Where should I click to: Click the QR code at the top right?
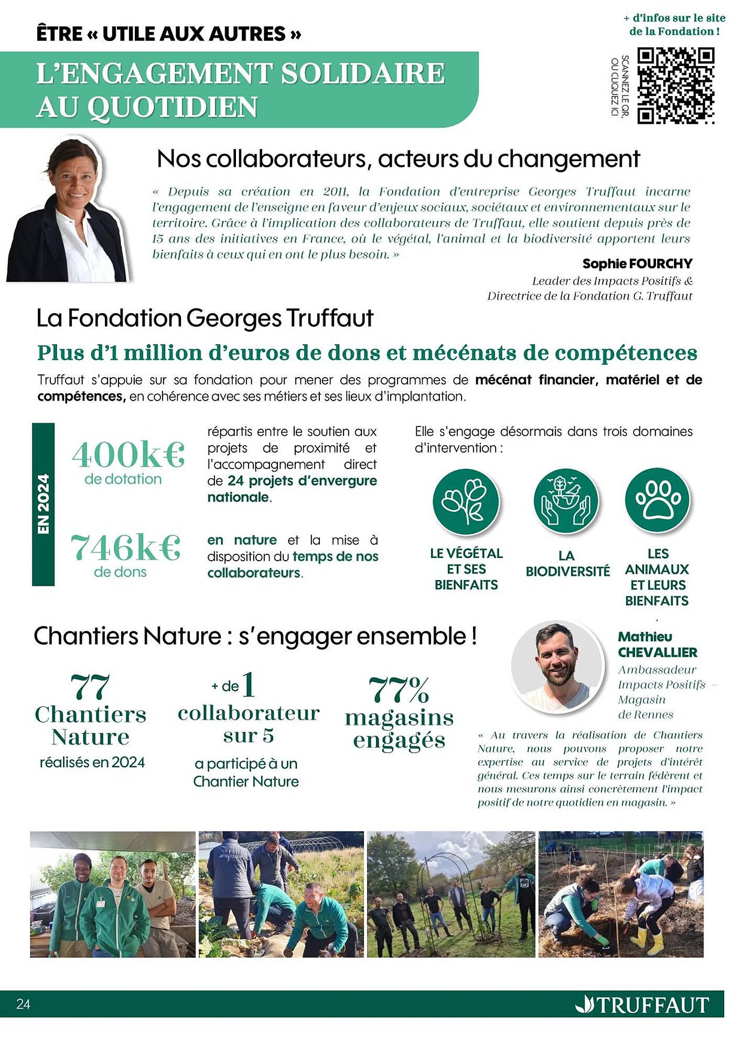click(675, 85)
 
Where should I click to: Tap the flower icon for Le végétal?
click(466, 501)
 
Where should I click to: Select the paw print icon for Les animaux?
click(658, 500)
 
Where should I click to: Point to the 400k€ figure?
click(128, 455)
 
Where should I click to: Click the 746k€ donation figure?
click(126, 548)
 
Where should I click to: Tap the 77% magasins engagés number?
click(399, 690)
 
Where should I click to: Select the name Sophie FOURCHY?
click(637, 264)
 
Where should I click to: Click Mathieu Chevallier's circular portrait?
click(557, 667)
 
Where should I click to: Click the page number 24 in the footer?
click(24, 1004)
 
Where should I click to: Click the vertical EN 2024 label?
click(44, 504)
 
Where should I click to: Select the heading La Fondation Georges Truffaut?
click(205, 318)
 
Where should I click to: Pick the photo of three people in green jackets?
click(113, 894)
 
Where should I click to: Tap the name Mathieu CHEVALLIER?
click(657, 645)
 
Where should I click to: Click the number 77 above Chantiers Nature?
click(90, 687)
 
